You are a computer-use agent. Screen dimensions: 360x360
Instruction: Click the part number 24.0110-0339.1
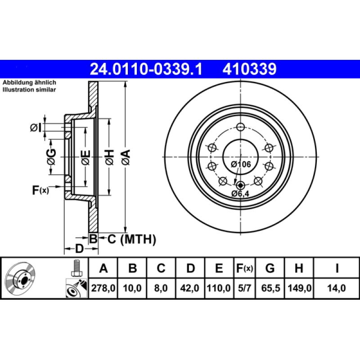(x=146, y=68)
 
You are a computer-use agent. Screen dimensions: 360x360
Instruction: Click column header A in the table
(x=103, y=269)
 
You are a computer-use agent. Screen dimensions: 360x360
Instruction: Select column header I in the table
(x=337, y=269)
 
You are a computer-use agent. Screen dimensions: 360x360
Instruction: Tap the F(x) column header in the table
(x=245, y=269)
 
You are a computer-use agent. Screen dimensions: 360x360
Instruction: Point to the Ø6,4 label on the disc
(x=240, y=193)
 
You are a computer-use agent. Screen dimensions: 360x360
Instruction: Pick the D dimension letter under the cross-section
(x=79, y=248)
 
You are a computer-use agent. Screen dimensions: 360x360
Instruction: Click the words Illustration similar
(x=29, y=90)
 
